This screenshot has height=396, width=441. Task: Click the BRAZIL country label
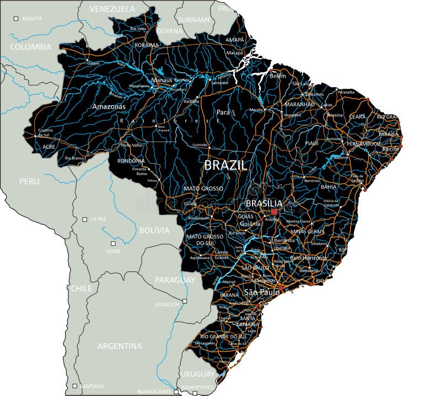[x=226, y=165]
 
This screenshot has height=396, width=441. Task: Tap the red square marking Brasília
[x=274, y=211]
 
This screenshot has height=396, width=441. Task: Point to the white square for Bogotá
[x=16, y=19]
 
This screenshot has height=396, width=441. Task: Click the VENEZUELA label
[x=112, y=9]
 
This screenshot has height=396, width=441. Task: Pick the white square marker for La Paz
[x=85, y=219]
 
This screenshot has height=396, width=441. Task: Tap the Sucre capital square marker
[x=113, y=243]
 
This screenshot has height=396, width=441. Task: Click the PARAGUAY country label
[x=175, y=280]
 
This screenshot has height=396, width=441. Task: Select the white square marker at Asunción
[x=185, y=301]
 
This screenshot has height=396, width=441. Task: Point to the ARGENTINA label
[x=120, y=346]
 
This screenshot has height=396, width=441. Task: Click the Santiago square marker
[x=75, y=386]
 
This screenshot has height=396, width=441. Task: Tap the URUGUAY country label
[x=197, y=374]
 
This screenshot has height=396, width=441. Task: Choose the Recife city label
[x=390, y=149]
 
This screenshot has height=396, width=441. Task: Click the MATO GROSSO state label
[x=203, y=188]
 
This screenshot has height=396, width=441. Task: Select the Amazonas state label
[x=109, y=106]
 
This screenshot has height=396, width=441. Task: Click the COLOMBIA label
[x=30, y=47]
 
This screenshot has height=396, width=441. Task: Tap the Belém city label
[x=278, y=76]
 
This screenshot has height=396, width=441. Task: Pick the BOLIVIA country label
[x=154, y=230]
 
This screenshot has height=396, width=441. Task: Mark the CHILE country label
[x=82, y=288]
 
